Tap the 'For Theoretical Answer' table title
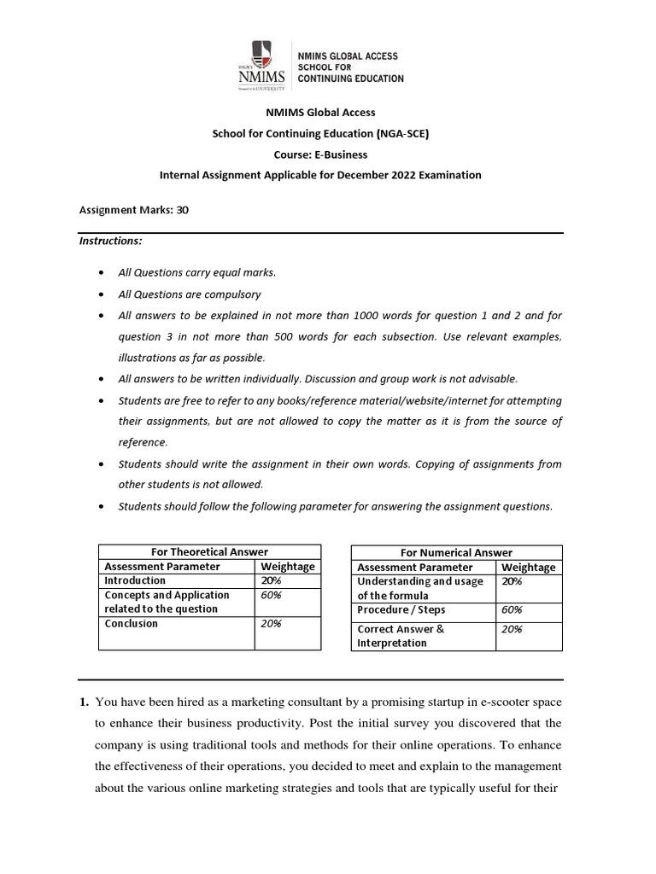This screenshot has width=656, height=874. click(209, 552)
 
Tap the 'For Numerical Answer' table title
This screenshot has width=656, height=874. click(457, 552)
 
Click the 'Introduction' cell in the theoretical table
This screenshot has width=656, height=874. click(132, 580)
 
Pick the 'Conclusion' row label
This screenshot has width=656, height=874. click(131, 623)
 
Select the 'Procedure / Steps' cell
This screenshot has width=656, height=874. click(401, 610)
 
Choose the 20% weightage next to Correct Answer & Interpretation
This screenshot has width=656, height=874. click(513, 629)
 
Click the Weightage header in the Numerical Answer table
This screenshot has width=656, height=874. click(528, 567)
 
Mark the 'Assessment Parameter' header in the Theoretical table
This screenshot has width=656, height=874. click(162, 567)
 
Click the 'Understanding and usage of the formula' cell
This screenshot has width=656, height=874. click(419, 588)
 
